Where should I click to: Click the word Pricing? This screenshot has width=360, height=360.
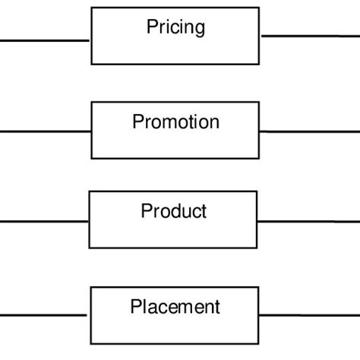(175, 28)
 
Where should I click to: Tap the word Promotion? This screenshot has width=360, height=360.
(175, 122)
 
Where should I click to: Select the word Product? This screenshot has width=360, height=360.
(174, 210)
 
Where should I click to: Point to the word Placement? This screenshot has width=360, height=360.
(175, 307)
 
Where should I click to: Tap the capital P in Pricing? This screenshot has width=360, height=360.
(152, 27)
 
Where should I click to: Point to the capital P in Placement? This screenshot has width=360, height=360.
(136, 307)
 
